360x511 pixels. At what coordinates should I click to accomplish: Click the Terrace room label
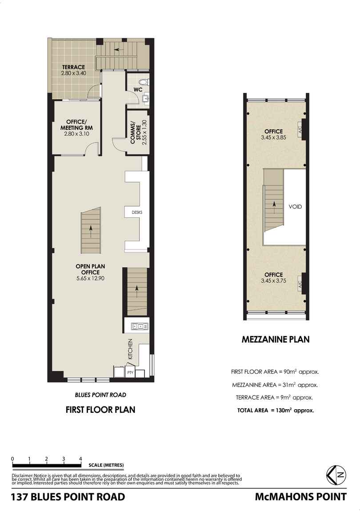(x=74, y=67)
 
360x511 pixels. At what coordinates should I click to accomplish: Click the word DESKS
(x=137, y=212)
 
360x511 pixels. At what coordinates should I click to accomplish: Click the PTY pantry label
(x=131, y=372)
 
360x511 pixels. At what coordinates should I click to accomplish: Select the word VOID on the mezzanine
(x=295, y=207)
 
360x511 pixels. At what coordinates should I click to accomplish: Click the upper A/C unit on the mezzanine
(x=300, y=130)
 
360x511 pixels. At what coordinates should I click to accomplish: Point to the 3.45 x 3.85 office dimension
(x=273, y=138)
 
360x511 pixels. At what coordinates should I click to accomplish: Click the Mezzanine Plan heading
(x=275, y=340)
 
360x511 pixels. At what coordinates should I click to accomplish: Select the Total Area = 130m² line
(x=276, y=411)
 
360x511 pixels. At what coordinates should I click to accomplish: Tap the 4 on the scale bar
(x=80, y=459)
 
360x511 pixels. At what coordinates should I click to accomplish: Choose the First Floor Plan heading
(x=100, y=410)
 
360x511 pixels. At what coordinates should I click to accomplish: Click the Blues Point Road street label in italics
(x=100, y=395)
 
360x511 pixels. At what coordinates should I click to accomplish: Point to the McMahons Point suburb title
(x=300, y=497)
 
